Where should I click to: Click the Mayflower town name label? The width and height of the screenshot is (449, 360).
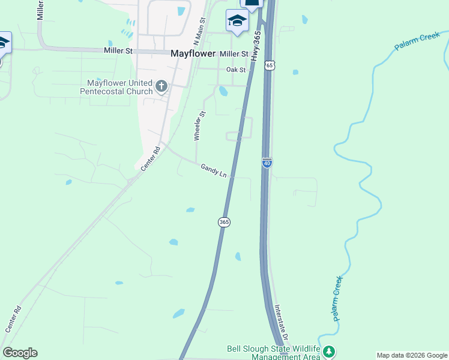[193, 53]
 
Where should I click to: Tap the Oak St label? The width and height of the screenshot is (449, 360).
[236, 70]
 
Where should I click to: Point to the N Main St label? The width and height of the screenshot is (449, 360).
[200, 30]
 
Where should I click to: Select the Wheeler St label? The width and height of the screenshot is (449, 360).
[199, 125]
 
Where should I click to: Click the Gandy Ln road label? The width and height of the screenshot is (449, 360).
[214, 171]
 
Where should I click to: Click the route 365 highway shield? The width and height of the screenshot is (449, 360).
[224, 222]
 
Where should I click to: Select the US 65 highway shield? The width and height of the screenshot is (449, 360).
[270, 65]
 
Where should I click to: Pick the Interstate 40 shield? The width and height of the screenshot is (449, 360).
[267, 162]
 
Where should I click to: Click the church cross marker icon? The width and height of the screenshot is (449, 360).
[161, 86]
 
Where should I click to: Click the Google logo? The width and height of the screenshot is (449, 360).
[20, 353]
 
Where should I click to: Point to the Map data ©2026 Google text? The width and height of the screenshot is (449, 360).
[412, 355]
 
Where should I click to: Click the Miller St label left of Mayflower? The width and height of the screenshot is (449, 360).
[118, 52]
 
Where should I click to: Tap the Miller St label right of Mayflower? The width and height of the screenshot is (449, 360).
[234, 54]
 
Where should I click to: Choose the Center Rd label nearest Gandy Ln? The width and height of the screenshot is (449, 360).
[152, 157]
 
